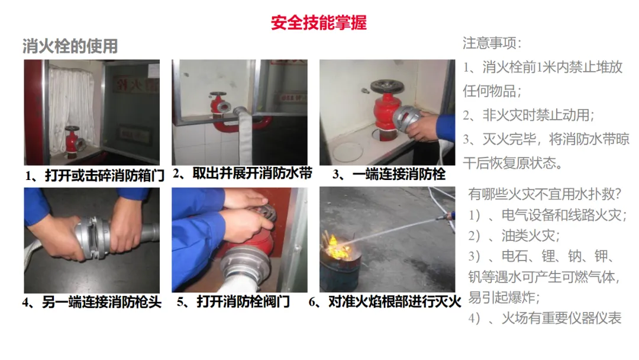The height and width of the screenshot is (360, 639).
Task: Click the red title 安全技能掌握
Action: click(x=319, y=23)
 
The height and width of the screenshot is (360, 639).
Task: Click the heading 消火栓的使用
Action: click(x=70, y=46)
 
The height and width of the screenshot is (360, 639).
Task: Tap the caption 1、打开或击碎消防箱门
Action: click(x=95, y=176)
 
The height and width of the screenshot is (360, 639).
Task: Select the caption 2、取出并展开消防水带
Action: click(x=242, y=173)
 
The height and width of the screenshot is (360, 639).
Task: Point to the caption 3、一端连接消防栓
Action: click(x=389, y=174)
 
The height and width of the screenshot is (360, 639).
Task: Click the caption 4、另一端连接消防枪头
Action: click(x=92, y=302)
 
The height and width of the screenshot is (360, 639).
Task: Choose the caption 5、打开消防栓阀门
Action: click(x=233, y=302)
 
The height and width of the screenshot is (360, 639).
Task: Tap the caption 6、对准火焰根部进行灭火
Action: click(x=385, y=302)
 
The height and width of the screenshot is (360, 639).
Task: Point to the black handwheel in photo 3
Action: click(x=387, y=86)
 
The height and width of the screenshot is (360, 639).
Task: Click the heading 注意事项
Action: click(x=492, y=43)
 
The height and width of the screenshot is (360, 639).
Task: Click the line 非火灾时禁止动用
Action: click(x=528, y=115)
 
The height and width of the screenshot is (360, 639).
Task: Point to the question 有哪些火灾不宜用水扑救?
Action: click(x=544, y=194)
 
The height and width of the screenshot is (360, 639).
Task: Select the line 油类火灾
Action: click(x=514, y=235)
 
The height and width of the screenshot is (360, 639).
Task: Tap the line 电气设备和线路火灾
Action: click(x=547, y=214)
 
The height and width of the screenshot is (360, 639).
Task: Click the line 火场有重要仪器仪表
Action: click(x=545, y=317)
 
